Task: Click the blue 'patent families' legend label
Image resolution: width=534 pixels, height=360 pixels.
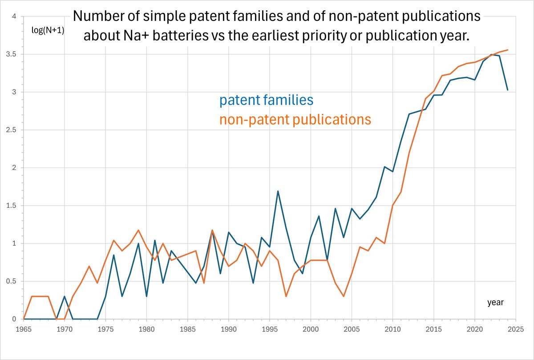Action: pos(266,100)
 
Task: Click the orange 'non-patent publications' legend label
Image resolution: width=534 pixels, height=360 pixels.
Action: pos(295,119)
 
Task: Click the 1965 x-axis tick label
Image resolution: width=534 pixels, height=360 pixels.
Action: pos(24,330)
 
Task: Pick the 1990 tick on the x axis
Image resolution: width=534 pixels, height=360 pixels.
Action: pos(228,330)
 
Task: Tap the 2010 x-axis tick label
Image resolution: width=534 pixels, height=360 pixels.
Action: pos(392,330)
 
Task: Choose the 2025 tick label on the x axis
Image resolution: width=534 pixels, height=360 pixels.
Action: pos(515,330)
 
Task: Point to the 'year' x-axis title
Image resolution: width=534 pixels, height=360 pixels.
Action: pos(495,303)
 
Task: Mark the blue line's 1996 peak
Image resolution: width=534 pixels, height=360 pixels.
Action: pos(278,191)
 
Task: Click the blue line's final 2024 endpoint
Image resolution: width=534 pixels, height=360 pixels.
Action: pos(507,90)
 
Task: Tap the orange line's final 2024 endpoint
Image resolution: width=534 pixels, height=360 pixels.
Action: pos(507,50)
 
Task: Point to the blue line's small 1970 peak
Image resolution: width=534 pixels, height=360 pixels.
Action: pos(65,296)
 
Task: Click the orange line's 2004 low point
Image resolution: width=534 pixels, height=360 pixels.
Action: pos(344,296)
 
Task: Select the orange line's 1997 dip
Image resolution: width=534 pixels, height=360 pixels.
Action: pos(286,296)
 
